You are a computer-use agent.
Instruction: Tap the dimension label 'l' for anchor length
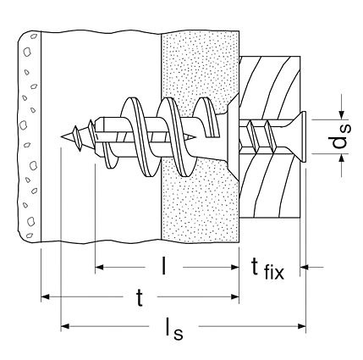click(x=163, y=266)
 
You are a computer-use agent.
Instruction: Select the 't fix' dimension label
click(x=267, y=269)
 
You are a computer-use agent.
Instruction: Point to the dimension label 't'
click(x=140, y=298)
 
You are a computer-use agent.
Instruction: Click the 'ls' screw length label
click(x=174, y=329)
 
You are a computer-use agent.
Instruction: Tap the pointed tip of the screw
click(x=62, y=137)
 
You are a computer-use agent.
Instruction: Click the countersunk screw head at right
click(x=302, y=137)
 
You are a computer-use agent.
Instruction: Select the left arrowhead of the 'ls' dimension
click(x=65, y=326)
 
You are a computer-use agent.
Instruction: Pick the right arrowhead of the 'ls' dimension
click(x=301, y=326)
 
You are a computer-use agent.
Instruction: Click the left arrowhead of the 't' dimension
click(x=46, y=296)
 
